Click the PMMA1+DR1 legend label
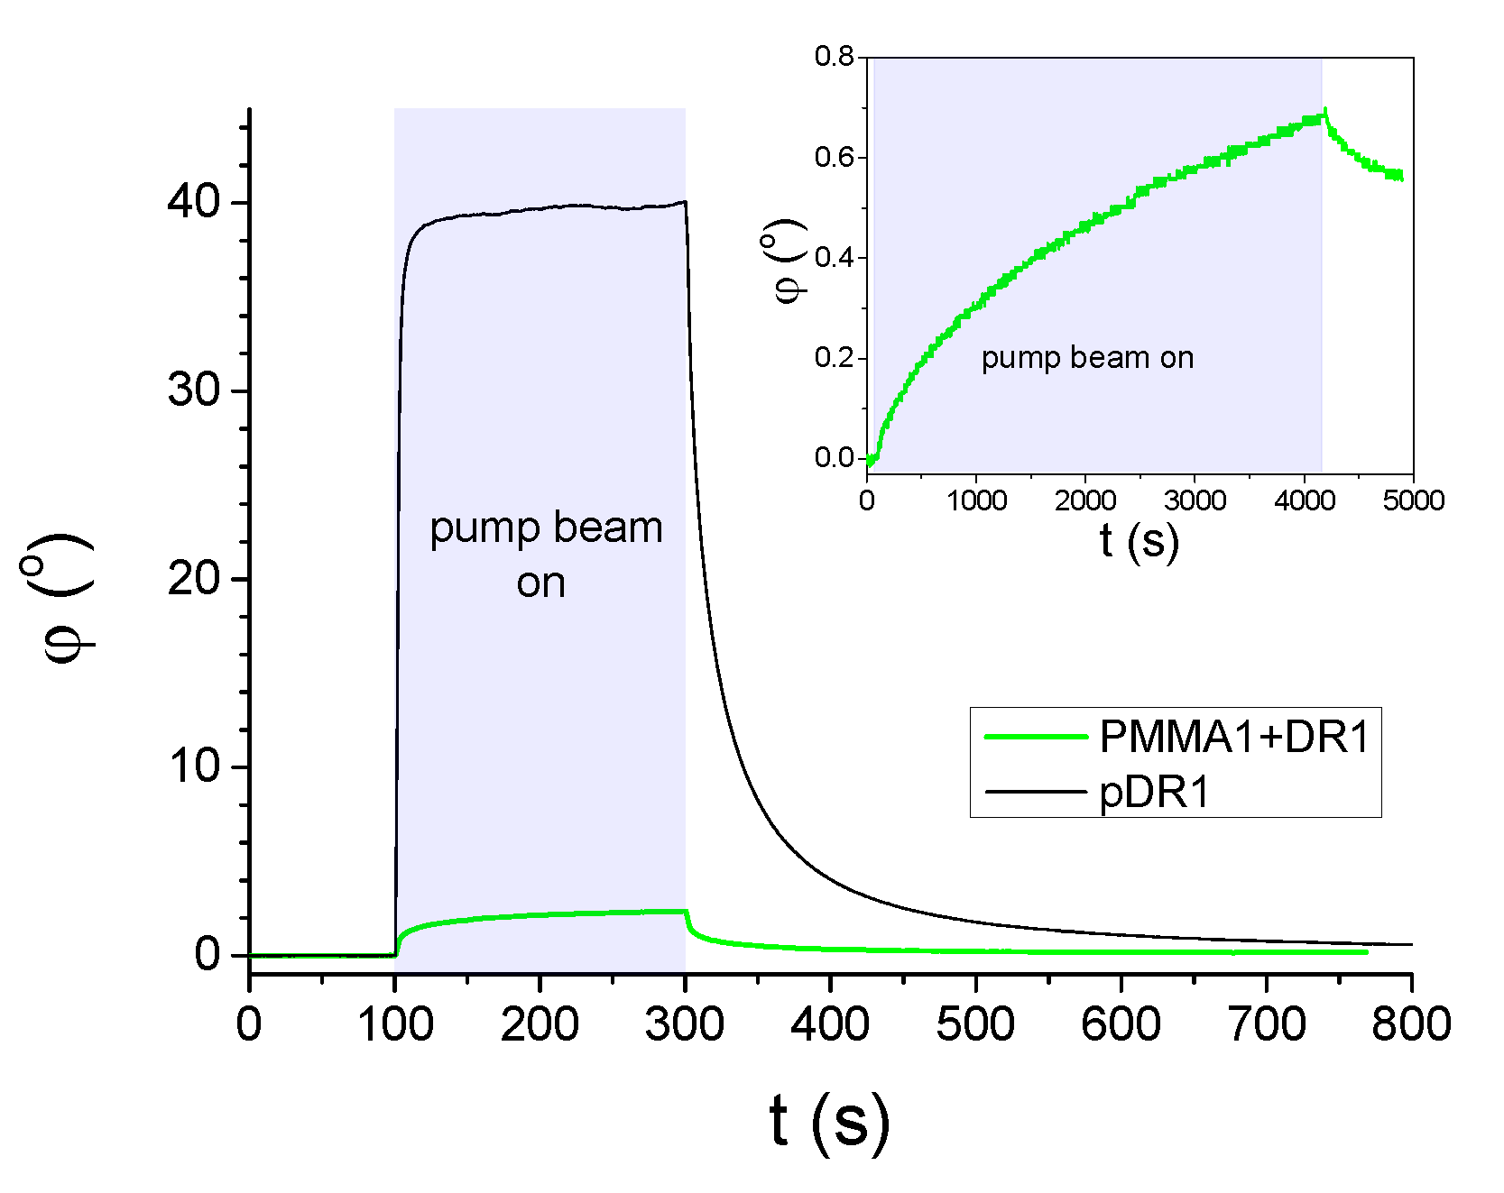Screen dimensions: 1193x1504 [x=1233, y=738]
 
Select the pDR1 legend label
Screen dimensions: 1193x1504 [x=1154, y=793]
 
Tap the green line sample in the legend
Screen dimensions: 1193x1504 [x=1036, y=737]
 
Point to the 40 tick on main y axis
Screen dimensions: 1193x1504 [x=193, y=202]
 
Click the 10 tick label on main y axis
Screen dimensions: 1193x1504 [x=193, y=766]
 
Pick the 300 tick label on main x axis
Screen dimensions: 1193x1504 [x=685, y=1026]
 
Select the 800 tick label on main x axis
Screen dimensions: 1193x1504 [x=1410, y=1026]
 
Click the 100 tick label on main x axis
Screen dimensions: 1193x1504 [x=395, y=1026]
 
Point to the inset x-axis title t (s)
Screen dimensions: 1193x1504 [x=1139, y=541]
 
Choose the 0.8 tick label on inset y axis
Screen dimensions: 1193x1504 [x=834, y=57]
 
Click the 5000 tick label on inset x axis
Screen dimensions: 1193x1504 [x=1413, y=501]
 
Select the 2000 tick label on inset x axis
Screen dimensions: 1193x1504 [x=1085, y=501]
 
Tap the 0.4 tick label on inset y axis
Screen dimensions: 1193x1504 [x=834, y=258]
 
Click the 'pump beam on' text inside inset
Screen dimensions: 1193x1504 [x=1087, y=358]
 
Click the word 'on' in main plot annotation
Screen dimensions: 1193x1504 [x=540, y=583]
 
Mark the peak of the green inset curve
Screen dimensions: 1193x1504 [x=1324, y=111]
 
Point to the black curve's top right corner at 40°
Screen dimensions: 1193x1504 [x=686, y=201]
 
